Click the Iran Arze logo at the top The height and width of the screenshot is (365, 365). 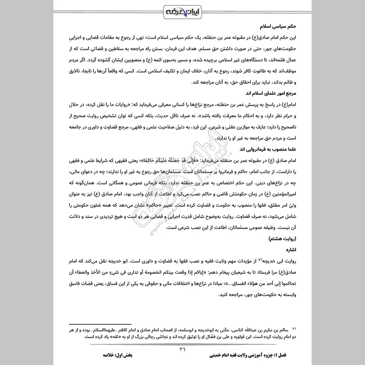click(x=182, y=10)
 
